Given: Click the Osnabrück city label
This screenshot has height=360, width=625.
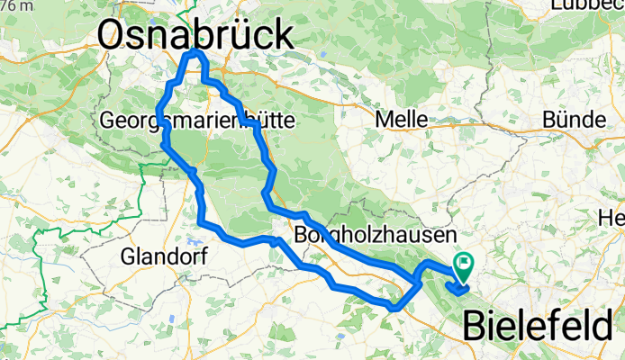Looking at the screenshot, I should [195, 36].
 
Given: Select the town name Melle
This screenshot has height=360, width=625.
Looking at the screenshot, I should [403, 120].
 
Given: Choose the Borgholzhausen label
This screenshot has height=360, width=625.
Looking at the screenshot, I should [372, 238].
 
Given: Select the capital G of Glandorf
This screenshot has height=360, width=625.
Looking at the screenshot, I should [129, 256].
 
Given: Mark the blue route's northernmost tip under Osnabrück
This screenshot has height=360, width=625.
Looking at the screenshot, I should [194, 55].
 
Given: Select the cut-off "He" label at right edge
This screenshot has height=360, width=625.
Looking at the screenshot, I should [614, 218].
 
